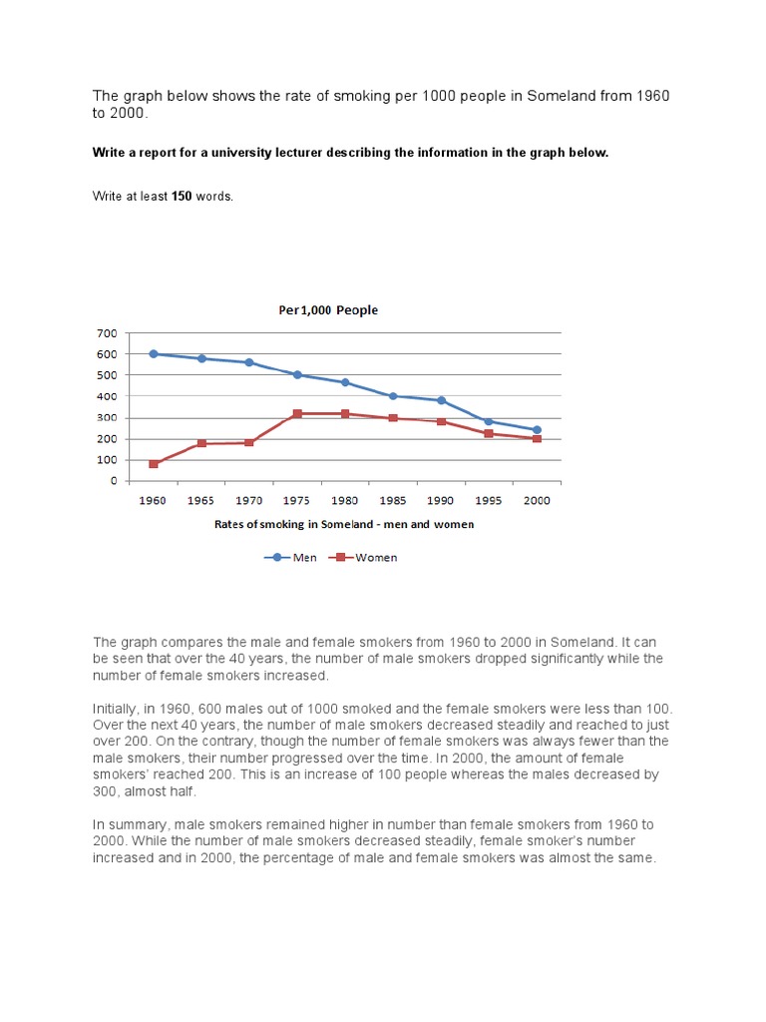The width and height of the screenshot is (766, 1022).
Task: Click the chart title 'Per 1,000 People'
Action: (x=328, y=310)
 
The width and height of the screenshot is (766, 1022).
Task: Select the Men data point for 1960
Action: (x=154, y=353)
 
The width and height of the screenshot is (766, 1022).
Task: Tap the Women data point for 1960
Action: (x=154, y=464)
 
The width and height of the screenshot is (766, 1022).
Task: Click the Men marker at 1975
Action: (x=297, y=374)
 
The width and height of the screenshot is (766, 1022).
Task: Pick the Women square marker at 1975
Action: (x=297, y=413)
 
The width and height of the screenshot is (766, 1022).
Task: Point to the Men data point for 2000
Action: (x=537, y=430)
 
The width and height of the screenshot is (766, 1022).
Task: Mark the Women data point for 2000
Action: (x=537, y=438)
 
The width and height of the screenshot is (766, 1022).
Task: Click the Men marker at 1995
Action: (x=489, y=421)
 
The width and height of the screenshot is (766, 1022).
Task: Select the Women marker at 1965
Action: (x=201, y=443)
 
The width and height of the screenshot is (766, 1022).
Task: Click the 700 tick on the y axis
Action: (x=107, y=332)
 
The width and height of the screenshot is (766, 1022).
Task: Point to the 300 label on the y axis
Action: (x=107, y=417)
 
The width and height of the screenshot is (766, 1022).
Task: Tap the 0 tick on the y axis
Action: (x=113, y=481)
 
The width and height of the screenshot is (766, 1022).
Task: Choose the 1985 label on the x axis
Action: (x=393, y=500)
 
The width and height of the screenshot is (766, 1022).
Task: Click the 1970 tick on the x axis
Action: (x=249, y=500)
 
